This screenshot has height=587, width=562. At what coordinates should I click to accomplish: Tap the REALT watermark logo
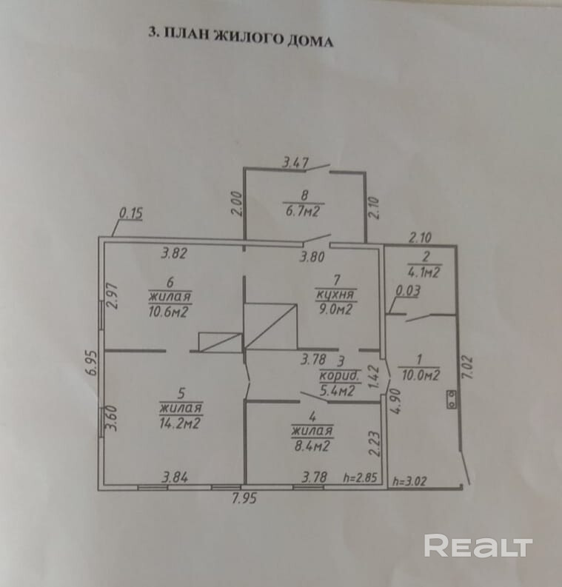click(x=478, y=547)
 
